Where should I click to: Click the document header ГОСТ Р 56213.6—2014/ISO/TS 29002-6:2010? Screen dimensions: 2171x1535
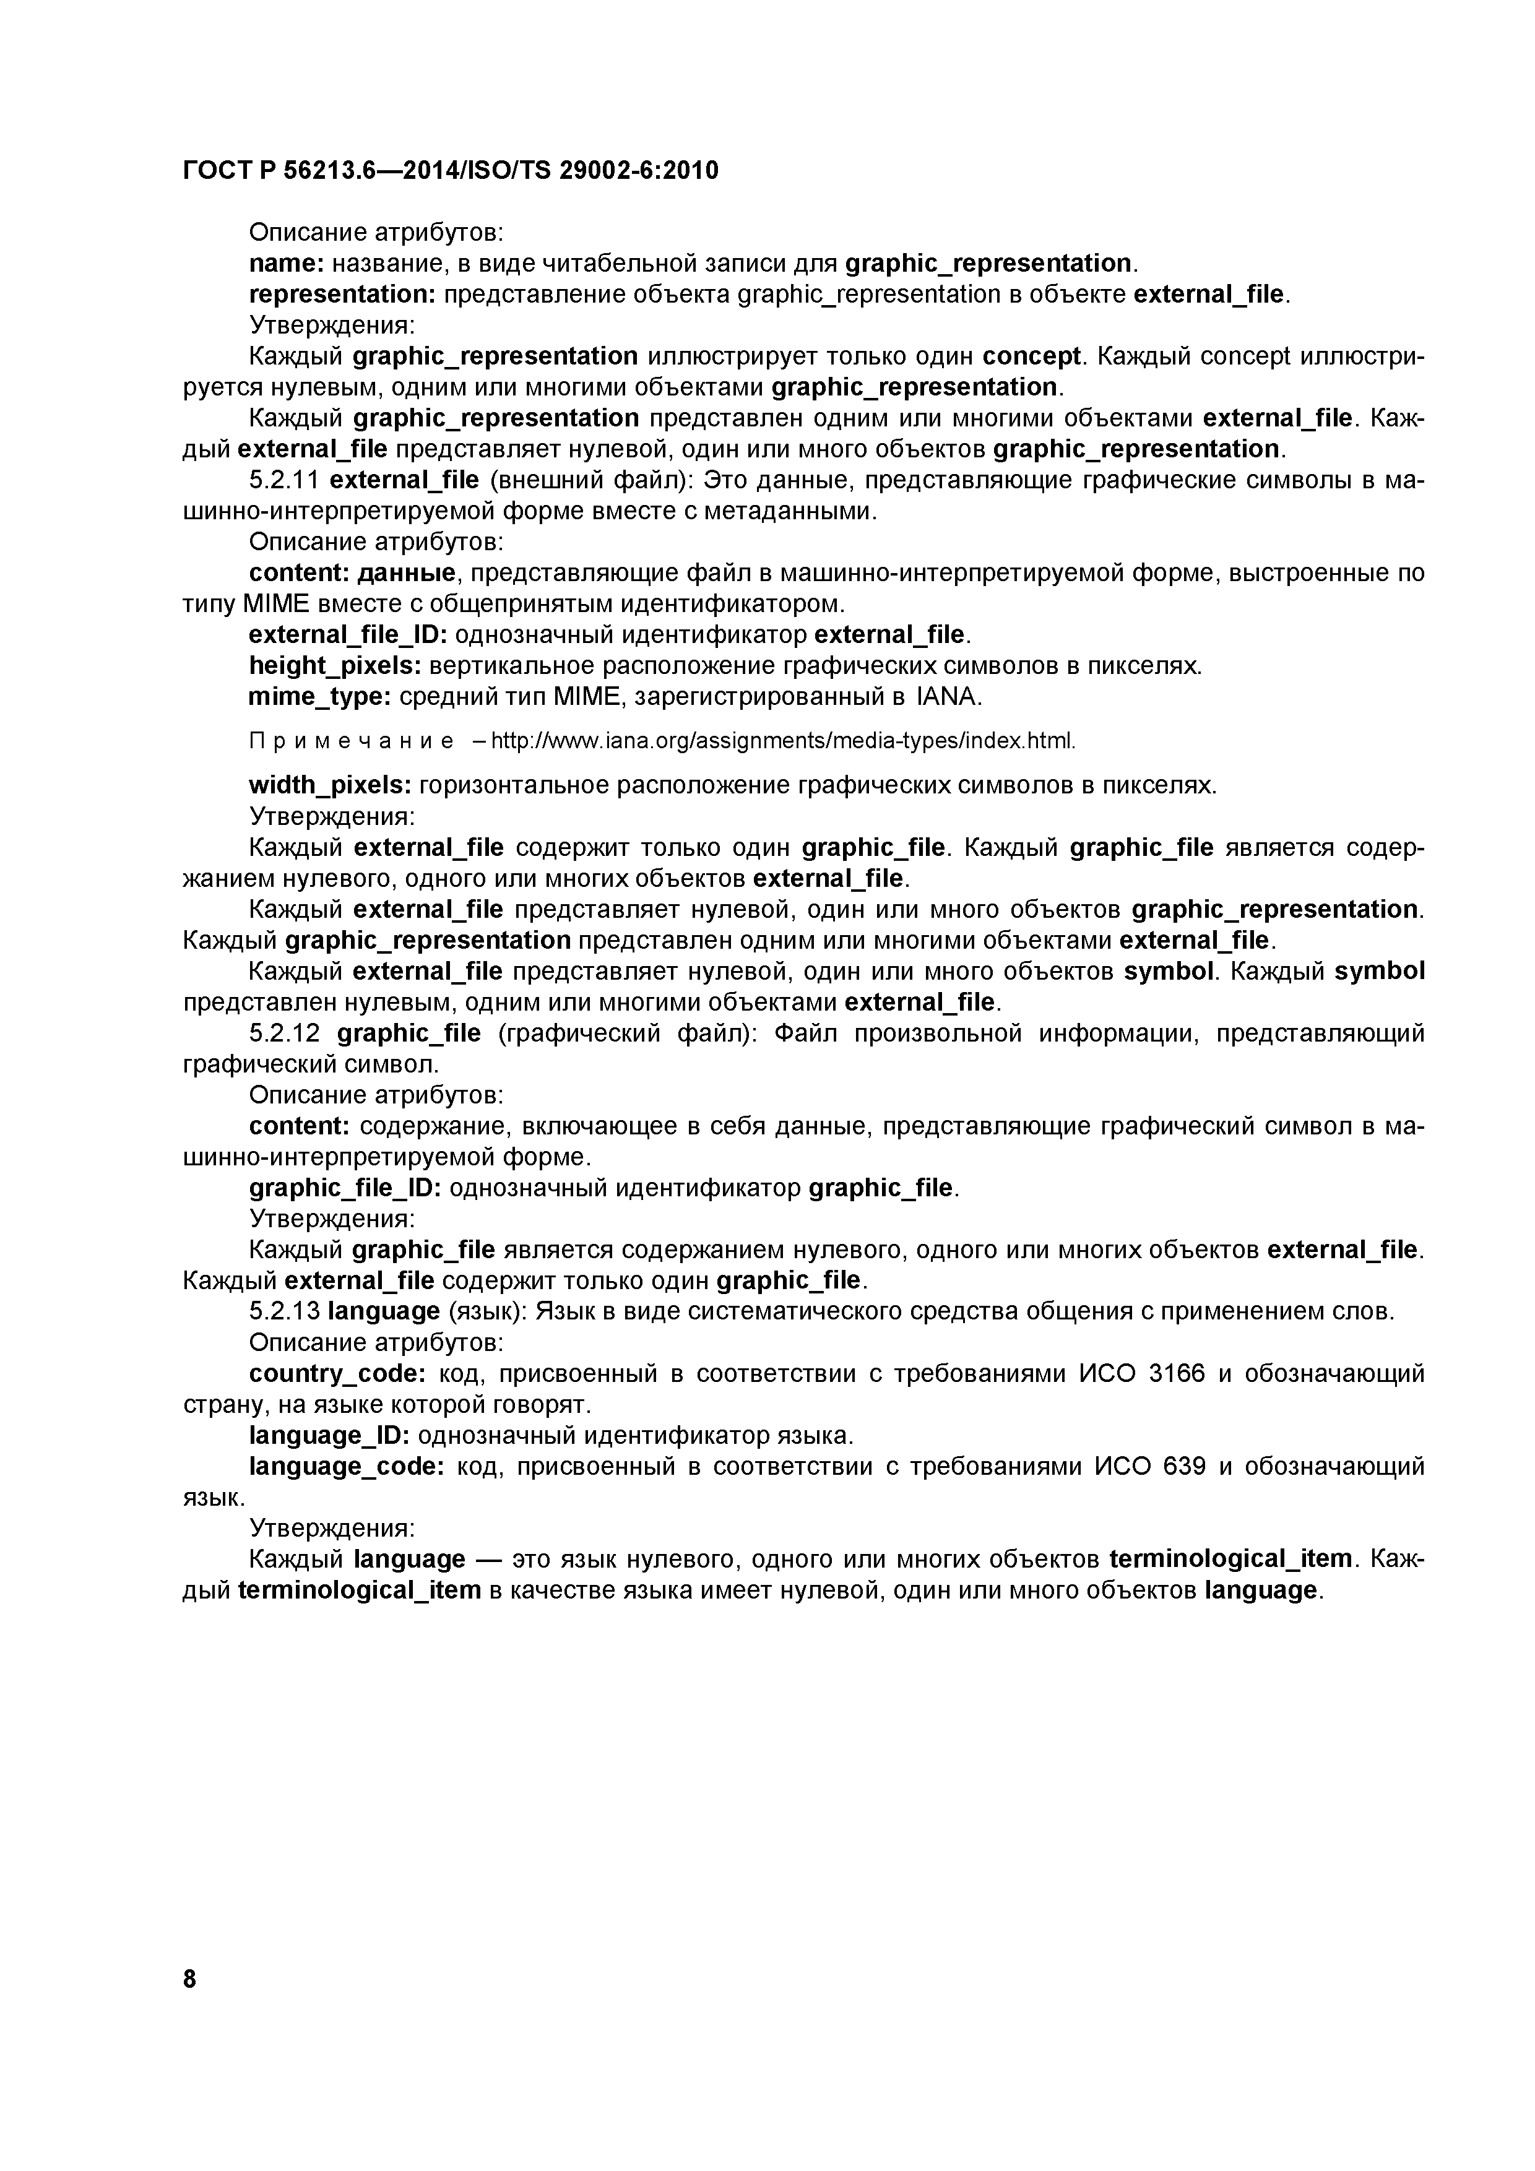450,170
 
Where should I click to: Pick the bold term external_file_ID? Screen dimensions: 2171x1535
347,634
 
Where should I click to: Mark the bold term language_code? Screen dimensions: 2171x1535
346,1467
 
